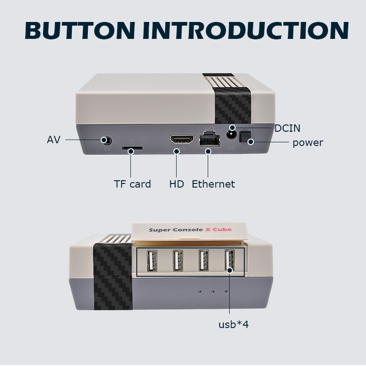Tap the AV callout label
[x=54, y=140]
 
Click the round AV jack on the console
[x=108, y=140]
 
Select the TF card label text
[x=132, y=184]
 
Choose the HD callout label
[x=177, y=184]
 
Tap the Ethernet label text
[x=213, y=184]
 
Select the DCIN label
[x=287, y=129]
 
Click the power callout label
[x=308, y=143]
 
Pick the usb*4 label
[x=233, y=325]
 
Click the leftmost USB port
[x=151, y=262]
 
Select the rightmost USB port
[x=229, y=262]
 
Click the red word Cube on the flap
[x=222, y=229]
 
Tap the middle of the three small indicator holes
[x=213, y=291]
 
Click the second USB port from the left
[x=178, y=262]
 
